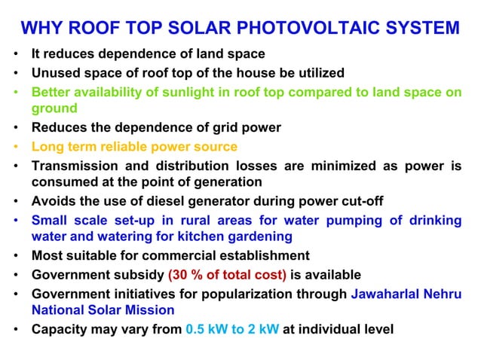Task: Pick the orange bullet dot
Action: (x=16, y=147)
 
